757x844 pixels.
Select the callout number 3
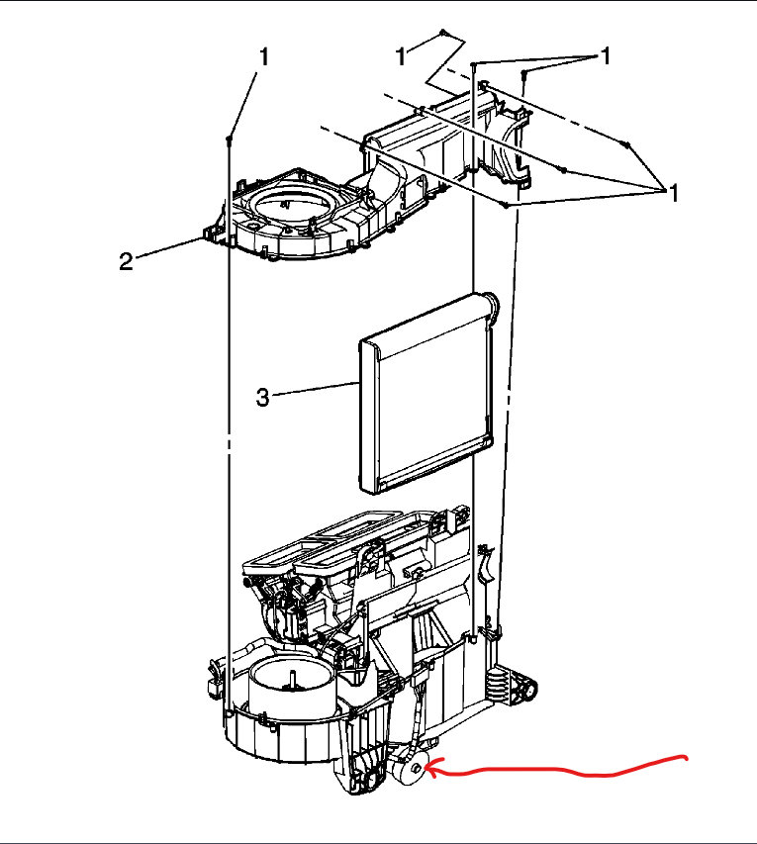click(262, 397)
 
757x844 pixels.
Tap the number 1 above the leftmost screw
click(264, 58)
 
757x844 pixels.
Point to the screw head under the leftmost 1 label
click(230, 138)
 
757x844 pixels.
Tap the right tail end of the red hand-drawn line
click(686, 758)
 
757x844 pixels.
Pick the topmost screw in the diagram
click(445, 32)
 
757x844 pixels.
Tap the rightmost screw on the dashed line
click(626, 145)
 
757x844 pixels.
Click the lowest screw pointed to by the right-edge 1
click(506, 206)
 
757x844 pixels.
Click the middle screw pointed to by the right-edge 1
click(564, 170)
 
